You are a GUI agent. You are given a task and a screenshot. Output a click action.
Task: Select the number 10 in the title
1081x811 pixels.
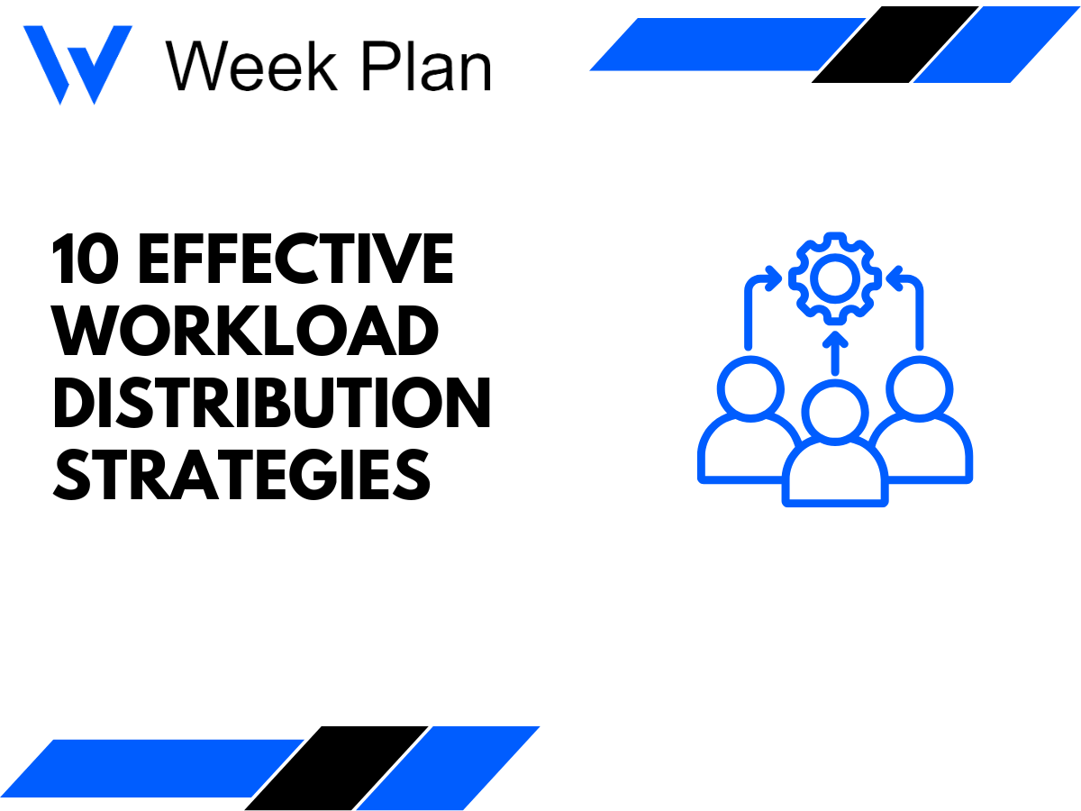(x=86, y=259)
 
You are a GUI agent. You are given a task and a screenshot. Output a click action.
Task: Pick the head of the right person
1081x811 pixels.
(x=919, y=388)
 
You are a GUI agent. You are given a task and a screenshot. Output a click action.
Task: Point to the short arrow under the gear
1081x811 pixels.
(x=834, y=353)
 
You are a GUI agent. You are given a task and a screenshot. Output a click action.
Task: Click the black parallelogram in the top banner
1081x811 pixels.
(x=894, y=45)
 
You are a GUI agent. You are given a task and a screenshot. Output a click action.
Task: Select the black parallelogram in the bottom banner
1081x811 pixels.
(x=335, y=767)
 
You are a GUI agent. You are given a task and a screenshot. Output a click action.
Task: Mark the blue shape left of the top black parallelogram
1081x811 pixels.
(x=721, y=45)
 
